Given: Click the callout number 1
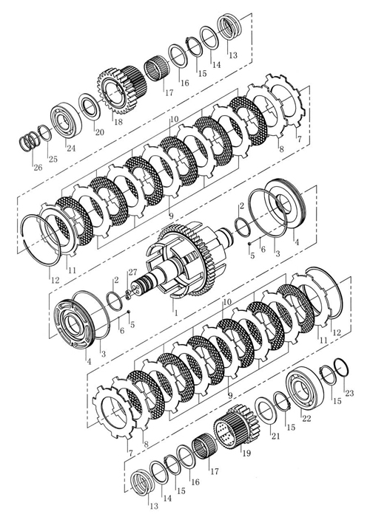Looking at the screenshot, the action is pos(176,312).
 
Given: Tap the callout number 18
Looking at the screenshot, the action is pos(118,122).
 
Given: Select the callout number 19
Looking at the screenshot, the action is pos(246,453).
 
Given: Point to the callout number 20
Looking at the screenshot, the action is pos(99,132).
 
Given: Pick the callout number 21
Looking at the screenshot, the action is pos(275,436).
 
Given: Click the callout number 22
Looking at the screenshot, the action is pos(306,418).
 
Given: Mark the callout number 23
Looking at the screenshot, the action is pos(349,393).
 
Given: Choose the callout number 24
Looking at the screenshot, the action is pos(70,148).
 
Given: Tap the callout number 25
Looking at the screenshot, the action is pos(53,159).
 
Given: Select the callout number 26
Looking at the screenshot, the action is pos(38,167).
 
